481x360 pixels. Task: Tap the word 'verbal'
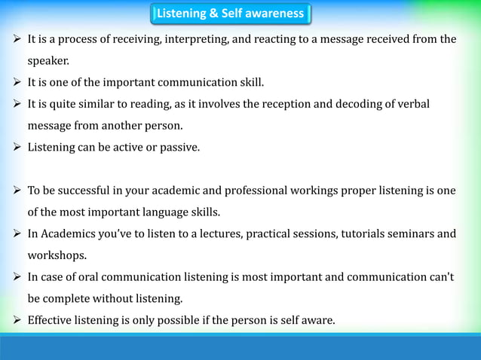pos(412,104)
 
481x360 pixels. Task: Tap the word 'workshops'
pos(58,255)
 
